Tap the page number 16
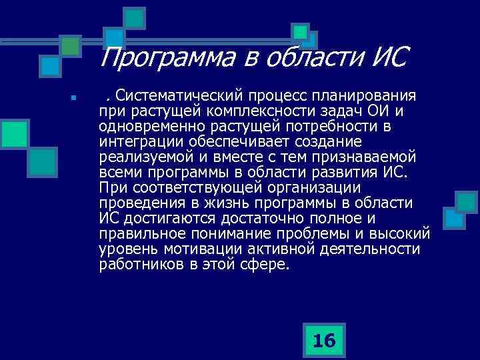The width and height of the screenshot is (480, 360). (x=324, y=341)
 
